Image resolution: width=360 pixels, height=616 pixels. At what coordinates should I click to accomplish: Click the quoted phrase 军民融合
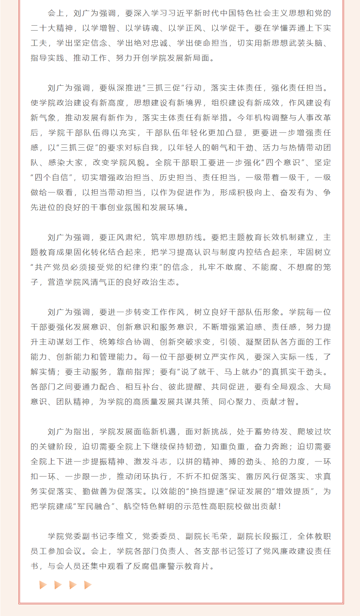[x=94, y=506]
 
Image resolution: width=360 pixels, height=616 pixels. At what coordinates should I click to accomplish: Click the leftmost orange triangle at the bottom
[x=43, y=585]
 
